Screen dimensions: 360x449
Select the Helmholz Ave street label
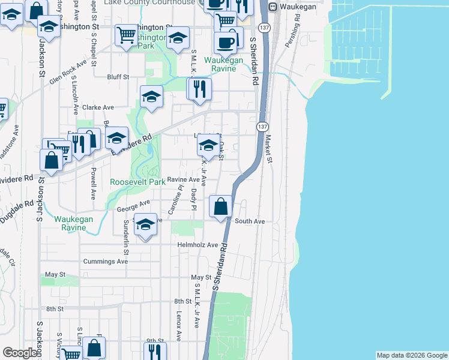[197, 245]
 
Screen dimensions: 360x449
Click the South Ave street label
[250, 221]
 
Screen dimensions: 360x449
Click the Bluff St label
[118, 77]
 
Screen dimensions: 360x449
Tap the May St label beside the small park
[55, 274]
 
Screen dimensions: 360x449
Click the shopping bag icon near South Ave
[221, 206]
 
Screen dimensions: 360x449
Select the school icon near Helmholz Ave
[145, 225]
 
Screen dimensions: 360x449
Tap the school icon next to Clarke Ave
[151, 97]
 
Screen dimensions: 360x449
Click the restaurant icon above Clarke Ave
[199, 89]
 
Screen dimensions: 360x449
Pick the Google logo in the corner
[20, 353]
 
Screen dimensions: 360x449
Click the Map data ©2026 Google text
[411, 355]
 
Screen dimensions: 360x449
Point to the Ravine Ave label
[183, 179]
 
